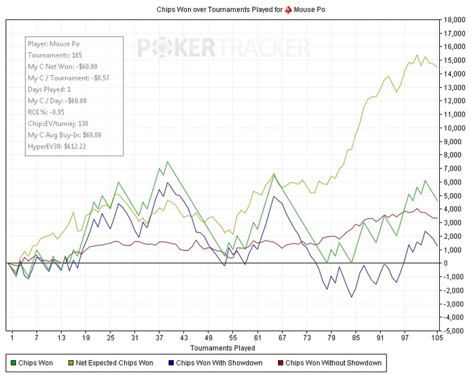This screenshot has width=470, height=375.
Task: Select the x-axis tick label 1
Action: pyautogui.click(x=12, y=337)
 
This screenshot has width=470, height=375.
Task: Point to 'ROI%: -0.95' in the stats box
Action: pyautogui.click(x=46, y=112)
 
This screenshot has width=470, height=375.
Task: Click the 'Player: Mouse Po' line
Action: pyautogui.click(x=54, y=44)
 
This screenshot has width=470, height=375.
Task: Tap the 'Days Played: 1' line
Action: pyautogui.click(x=50, y=89)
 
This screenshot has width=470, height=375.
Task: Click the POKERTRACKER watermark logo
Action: pyautogui.click(x=224, y=48)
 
